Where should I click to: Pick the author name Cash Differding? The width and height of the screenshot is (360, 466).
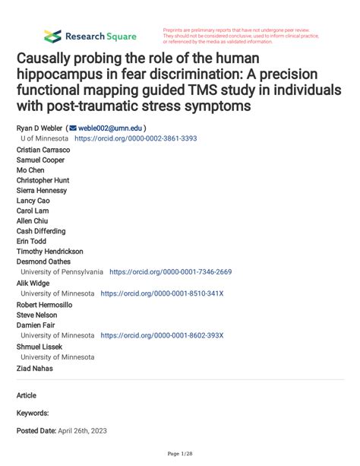coord(41,231)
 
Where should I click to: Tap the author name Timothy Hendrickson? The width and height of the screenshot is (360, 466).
coord(50,251)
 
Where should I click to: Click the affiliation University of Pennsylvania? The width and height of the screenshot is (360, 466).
coord(62,271)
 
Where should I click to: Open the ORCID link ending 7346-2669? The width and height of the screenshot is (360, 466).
coord(171,271)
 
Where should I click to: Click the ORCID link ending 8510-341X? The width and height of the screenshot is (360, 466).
coord(162,293)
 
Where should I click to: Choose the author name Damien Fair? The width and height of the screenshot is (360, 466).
coord(36,324)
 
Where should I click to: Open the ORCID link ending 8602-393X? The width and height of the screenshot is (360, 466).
coord(162,334)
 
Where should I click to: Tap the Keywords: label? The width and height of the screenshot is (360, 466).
coord(33,413)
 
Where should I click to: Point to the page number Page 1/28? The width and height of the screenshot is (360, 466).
coord(179,454)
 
